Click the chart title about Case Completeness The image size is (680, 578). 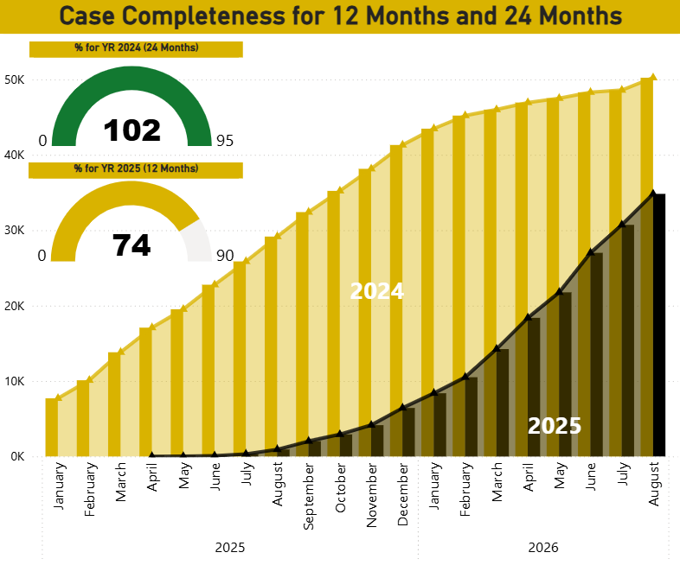click(x=341, y=16)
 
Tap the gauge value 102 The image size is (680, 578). click(x=132, y=130)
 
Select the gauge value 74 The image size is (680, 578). click(x=132, y=245)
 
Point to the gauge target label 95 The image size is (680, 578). click(x=225, y=141)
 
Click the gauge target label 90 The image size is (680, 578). click(x=225, y=256)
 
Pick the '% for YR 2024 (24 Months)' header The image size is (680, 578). click(x=136, y=48)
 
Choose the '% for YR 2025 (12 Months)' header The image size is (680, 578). click(x=136, y=168)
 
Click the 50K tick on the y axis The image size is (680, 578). click(x=15, y=79)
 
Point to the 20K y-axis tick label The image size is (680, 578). click(x=15, y=306)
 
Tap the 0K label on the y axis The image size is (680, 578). click(x=17, y=456)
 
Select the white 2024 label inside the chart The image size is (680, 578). click(x=377, y=291)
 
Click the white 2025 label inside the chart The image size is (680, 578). click(x=555, y=426)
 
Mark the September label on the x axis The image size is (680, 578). click(x=309, y=496)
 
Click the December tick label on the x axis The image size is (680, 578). click(x=402, y=494)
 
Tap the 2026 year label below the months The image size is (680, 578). click(x=543, y=548)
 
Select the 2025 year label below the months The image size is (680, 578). click(x=230, y=548)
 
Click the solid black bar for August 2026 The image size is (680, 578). click(x=659, y=325)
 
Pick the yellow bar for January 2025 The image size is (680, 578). click(x=52, y=428)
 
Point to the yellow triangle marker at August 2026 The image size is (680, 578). click(x=653, y=77)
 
